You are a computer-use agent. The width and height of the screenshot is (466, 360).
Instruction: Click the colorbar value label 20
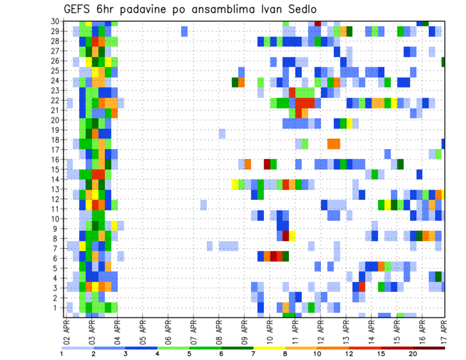pyautogui.click(x=413, y=354)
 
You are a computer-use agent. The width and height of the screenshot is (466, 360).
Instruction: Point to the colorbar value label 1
pyautogui.click(x=62, y=354)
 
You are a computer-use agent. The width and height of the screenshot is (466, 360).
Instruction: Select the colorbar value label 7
pyautogui.click(x=253, y=354)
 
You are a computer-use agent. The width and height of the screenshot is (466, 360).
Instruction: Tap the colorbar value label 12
pyautogui.click(x=349, y=354)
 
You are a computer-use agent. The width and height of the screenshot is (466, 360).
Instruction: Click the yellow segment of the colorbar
pyautogui.click(x=269, y=348)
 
